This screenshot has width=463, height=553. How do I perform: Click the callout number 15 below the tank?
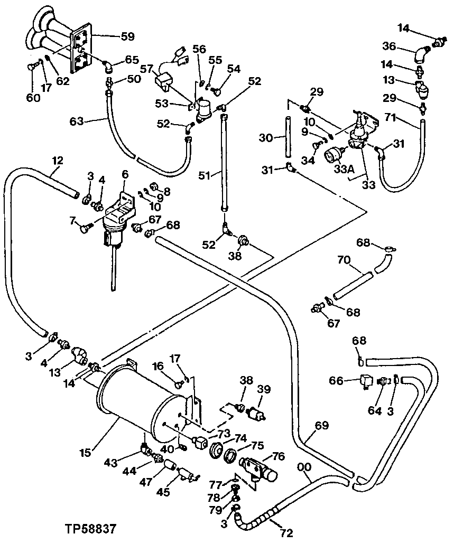(x=85, y=452)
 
